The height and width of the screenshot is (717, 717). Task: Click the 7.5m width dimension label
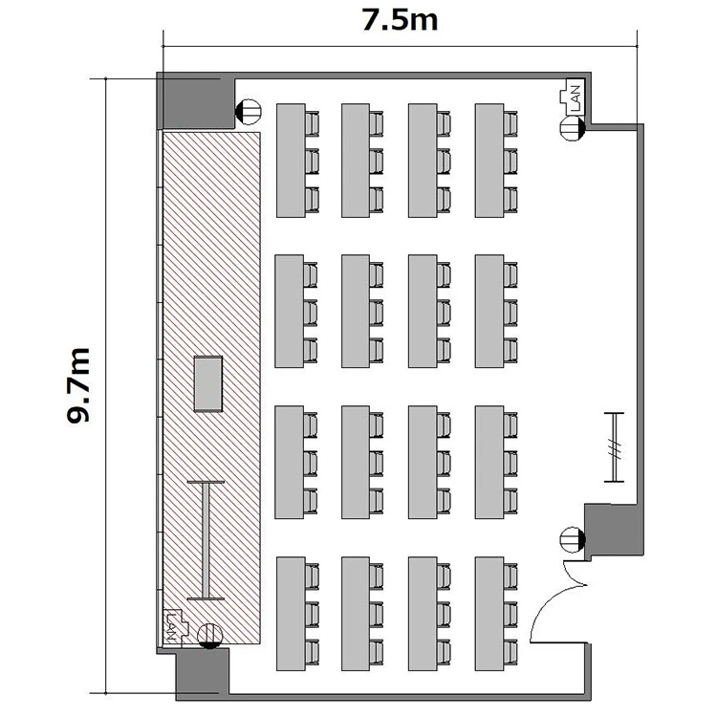pyautogui.click(x=400, y=21)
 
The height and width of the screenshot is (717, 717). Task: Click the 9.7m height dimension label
pyautogui.click(x=77, y=385)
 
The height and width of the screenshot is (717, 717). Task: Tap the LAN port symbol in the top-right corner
pyautogui.click(x=572, y=97)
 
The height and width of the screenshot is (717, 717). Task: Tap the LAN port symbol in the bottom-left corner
pyautogui.click(x=175, y=626)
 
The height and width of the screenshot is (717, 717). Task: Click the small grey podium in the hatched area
pyautogui.click(x=208, y=384)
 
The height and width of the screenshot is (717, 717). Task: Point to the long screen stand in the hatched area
pyautogui.click(x=206, y=540)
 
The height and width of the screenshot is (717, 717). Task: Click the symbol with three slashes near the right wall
pyautogui.click(x=614, y=447)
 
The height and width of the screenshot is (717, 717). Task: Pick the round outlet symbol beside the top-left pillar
pyautogui.click(x=248, y=112)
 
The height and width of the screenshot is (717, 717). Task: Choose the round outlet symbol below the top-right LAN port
pyautogui.click(x=573, y=128)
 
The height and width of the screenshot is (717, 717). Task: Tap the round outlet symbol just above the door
pyautogui.click(x=573, y=539)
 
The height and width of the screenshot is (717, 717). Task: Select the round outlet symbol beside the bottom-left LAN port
pyautogui.click(x=210, y=636)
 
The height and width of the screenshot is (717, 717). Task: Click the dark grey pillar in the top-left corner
pyautogui.click(x=196, y=100)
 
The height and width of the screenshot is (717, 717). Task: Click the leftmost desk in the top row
pyautogui.click(x=291, y=161)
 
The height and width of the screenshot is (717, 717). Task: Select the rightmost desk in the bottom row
pyautogui.click(x=489, y=614)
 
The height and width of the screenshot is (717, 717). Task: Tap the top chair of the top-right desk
pyautogui.click(x=511, y=123)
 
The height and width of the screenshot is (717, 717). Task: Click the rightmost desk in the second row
pyautogui.click(x=489, y=311)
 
